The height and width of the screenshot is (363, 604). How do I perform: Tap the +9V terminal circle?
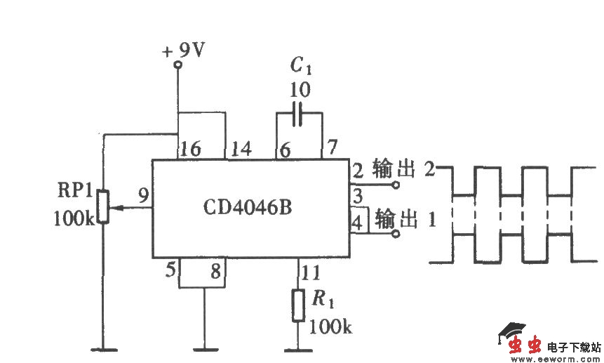pos(177,65)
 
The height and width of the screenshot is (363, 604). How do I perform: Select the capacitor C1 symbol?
pos(299,114)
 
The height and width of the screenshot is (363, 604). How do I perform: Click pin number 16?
pos(189,149)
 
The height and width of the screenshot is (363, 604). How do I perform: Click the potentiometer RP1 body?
pos(103,206)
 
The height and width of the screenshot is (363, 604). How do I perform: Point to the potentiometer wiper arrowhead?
pos(114,208)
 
